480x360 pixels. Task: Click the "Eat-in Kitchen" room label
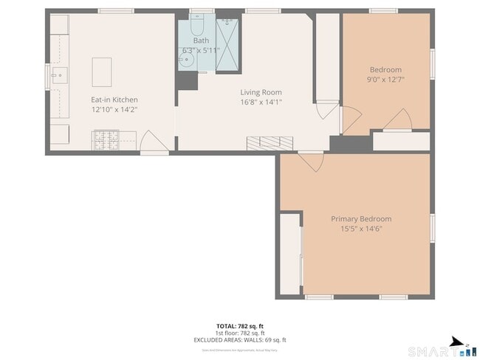(114, 100)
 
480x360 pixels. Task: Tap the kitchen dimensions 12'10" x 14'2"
(114, 109)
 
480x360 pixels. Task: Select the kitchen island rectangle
(102, 71)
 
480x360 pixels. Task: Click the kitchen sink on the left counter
(58, 75)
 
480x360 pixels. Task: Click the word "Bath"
(200, 41)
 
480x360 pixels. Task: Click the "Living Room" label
(261, 92)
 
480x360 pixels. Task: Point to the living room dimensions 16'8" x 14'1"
(261, 102)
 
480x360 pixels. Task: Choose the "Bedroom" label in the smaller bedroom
(385, 70)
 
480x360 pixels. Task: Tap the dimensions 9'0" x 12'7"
(385, 80)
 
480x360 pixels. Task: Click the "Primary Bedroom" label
(360, 218)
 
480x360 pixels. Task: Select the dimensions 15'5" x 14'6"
(360, 228)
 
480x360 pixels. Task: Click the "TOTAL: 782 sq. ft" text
(239, 325)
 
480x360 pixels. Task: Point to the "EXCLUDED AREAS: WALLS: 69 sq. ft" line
(239, 339)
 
